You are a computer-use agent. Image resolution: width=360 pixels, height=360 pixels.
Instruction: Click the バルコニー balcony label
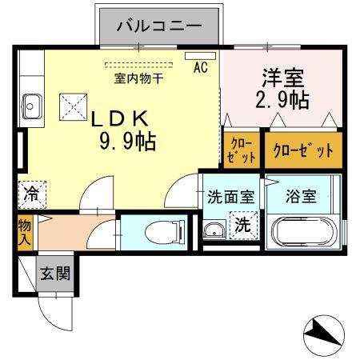(158, 25)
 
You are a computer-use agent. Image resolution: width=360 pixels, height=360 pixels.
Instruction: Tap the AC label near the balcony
(200, 68)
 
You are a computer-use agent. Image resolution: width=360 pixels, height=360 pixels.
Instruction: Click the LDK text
(120, 118)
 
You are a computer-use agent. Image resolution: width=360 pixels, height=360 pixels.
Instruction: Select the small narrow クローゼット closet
(240, 150)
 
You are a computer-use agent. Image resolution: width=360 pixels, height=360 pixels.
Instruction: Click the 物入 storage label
(25, 232)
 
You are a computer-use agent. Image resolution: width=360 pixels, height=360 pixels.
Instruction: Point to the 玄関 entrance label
(55, 273)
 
